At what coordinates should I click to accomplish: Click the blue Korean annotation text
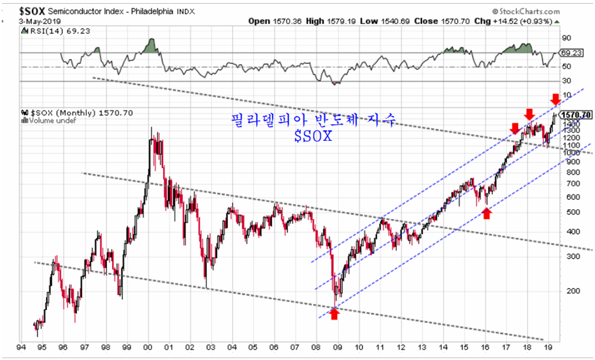click(x=312, y=119)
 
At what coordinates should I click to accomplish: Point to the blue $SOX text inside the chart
click(x=313, y=136)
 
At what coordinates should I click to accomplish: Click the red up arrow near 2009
click(x=334, y=314)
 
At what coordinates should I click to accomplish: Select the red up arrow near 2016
click(x=487, y=213)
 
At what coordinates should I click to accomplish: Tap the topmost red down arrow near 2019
click(x=555, y=98)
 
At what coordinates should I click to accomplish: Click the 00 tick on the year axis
click(x=147, y=348)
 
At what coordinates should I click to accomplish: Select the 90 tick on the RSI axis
click(x=567, y=37)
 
